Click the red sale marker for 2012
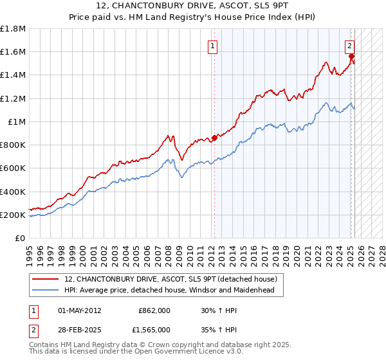point(214,137)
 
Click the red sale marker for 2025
point(352,56)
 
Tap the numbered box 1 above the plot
point(212,46)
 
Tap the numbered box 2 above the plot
point(349,46)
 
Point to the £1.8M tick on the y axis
point(13,29)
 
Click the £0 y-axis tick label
point(19,238)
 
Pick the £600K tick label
point(13,168)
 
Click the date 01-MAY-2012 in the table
point(79,310)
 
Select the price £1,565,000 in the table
point(154,329)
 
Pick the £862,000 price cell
point(154,310)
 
